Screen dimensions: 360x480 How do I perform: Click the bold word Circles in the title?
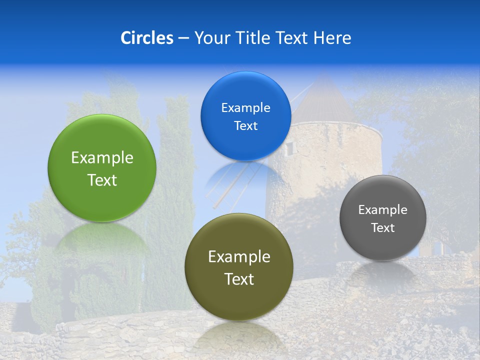pyautogui.click(x=147, y=38)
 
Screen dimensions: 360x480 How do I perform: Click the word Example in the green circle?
pyautogui.click(x=102, y=158)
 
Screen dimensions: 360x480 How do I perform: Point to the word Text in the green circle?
pyautogui.click(x=102, y=180)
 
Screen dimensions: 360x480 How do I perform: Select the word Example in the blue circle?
pyautogui.click(x=245, y=108)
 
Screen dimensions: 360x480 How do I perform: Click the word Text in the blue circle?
pyautogui.click(x=245, y=126)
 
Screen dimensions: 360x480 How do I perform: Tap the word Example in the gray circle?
pyautogui.click(x=383, y=210)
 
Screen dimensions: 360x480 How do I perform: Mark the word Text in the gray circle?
pyautogui.click(x=383, y=228)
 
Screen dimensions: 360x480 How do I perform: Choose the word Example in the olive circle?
pyautogui.click(x=239, y=257)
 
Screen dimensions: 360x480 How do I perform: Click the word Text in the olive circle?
pyautogui.click(x=239, y=279)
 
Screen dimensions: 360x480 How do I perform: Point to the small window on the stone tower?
pyautogui.click(x=289, y=147)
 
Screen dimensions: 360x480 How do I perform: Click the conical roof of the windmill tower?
pyautogui.click(x=325, y=102)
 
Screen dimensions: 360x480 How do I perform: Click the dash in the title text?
pyautogui.click(x=183, y=38)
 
